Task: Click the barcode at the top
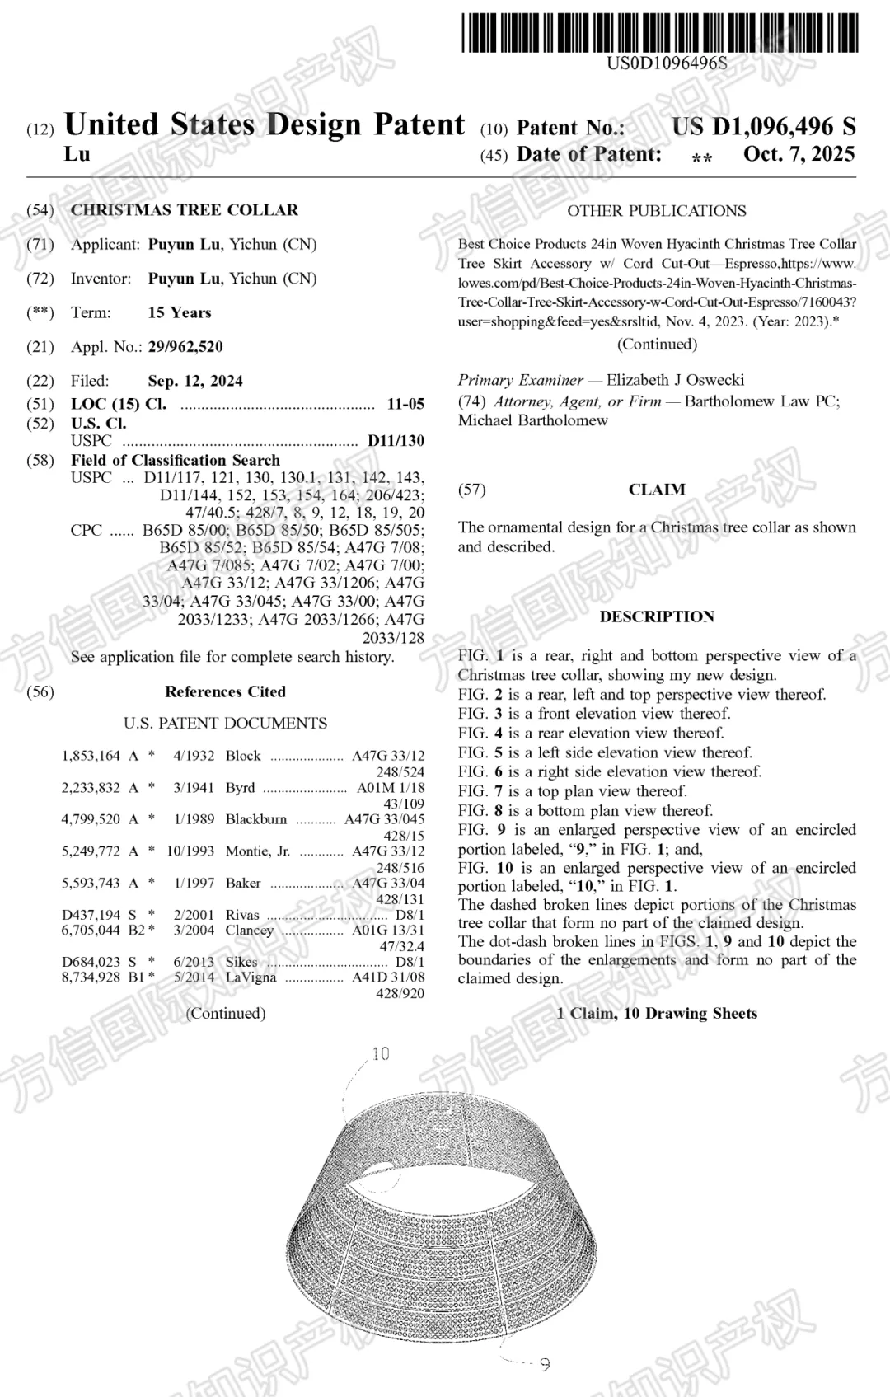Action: pyautogui.click(x=659, y=33)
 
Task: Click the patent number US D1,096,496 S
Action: pyautogui.click(x=763, y=127)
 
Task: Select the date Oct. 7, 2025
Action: pyautogui.click(x=799, y=154)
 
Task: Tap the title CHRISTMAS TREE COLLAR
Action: pyautogui.click(x=185, y=210)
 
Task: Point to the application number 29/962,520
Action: pyautogui.click(x=185, y=347)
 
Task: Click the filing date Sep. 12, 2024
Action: pyautogui.click(x=195, y=381)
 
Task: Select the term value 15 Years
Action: pyautogui.click(x=180, y=312)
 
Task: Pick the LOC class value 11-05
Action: pyautogui.click(x=405, y=404)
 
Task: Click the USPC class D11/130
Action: pyautogui.click(x=396, y=441)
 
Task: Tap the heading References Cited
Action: pyautogui.click(x=225, y=691)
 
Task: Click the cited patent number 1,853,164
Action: pyautogui.click(x=91, y=756)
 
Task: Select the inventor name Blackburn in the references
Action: pyautogui.click(x=256, y=819)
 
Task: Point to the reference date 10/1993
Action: pyautogui.click(x=190, y=851)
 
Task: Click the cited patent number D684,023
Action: pyautogui.click(x=91, y=962)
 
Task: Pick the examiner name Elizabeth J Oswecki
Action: pyautogui.click(x=675, y=380)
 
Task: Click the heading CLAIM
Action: pyautogui.click(x=657, y=490)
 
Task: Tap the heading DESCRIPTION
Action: pyautogui.click(x=657, y=616)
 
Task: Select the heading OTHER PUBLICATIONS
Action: pyautogui.click(x=657, y=211)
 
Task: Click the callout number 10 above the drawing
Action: pyautogui.click(x=381, y=1054)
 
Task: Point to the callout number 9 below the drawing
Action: pyautogui.click(x=545, y=1364)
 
